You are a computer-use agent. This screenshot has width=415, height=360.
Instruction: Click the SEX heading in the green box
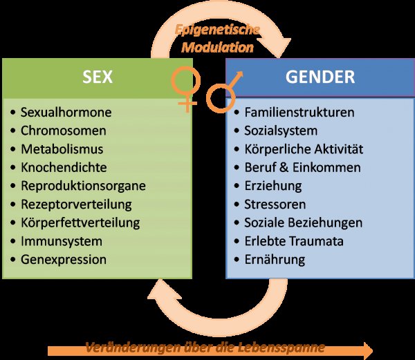pos(98,77)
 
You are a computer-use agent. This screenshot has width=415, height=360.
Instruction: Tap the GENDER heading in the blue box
pos(320,77)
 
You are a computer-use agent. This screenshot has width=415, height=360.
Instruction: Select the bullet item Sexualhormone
pos(66,113)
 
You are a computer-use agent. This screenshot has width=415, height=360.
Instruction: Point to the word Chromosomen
pos(63,131)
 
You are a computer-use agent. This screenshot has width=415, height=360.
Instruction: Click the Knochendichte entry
pos(64,167)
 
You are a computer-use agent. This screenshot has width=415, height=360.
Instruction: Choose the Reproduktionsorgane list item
pos(83,186)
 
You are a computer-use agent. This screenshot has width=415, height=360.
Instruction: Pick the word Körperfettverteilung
pos(80,222)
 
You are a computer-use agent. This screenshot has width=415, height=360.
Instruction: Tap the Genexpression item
pos(64,260)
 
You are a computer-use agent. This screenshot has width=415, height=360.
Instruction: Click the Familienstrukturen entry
pos(299,113)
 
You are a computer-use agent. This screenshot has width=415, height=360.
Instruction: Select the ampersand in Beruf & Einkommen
pos(284,167)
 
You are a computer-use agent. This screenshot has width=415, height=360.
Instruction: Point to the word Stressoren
pos(275,205)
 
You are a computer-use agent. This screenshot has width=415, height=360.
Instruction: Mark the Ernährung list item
pos(275,260)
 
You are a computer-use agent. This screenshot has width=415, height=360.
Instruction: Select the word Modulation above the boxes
pos(218,48)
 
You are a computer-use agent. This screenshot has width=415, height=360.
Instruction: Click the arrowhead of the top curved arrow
pos(281,47)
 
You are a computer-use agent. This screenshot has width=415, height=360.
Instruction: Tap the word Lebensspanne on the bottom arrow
pos(281,348)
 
